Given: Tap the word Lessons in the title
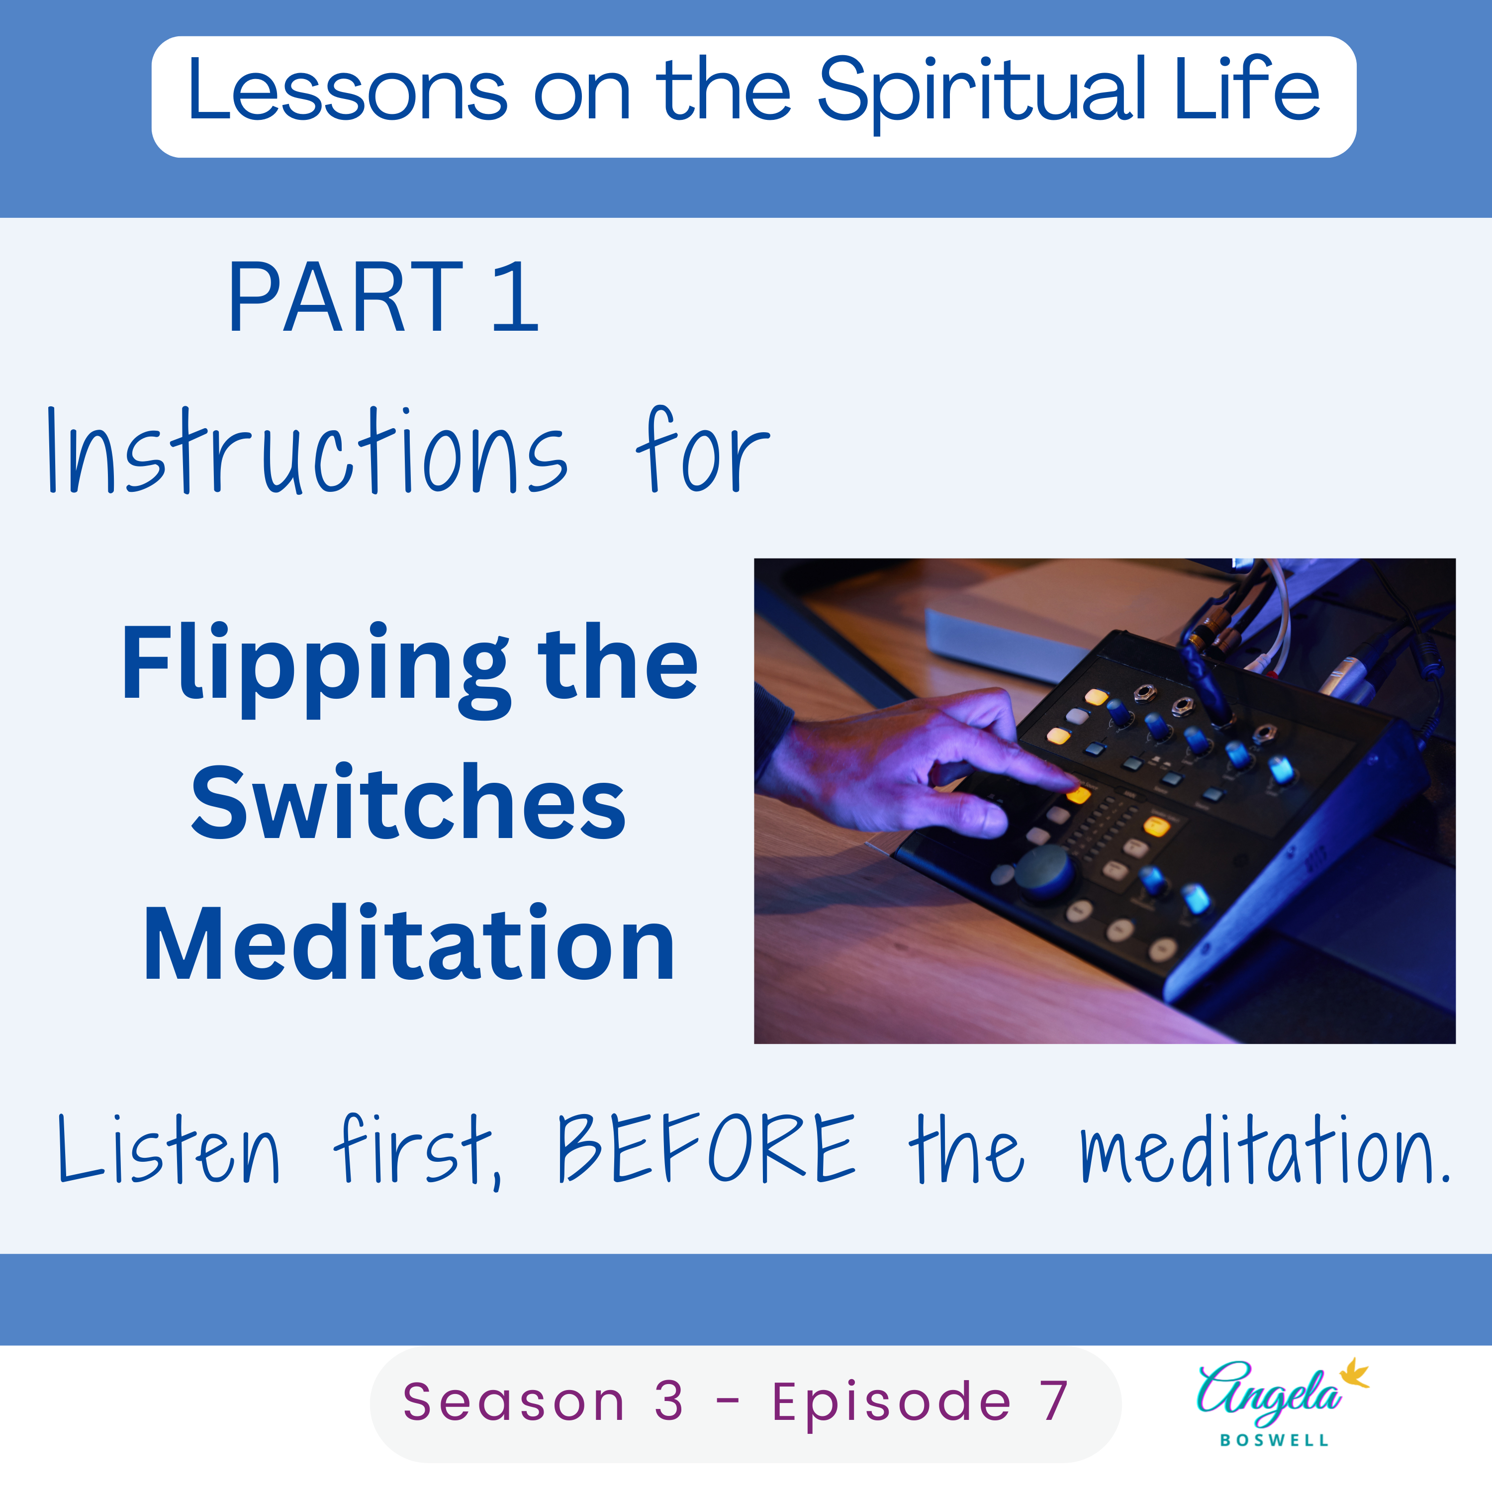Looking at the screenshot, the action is click(x=348, y=91).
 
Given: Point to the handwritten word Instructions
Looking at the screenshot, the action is click(x=307, y=452).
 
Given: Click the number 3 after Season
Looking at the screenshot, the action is click(x=669, y=1401).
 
